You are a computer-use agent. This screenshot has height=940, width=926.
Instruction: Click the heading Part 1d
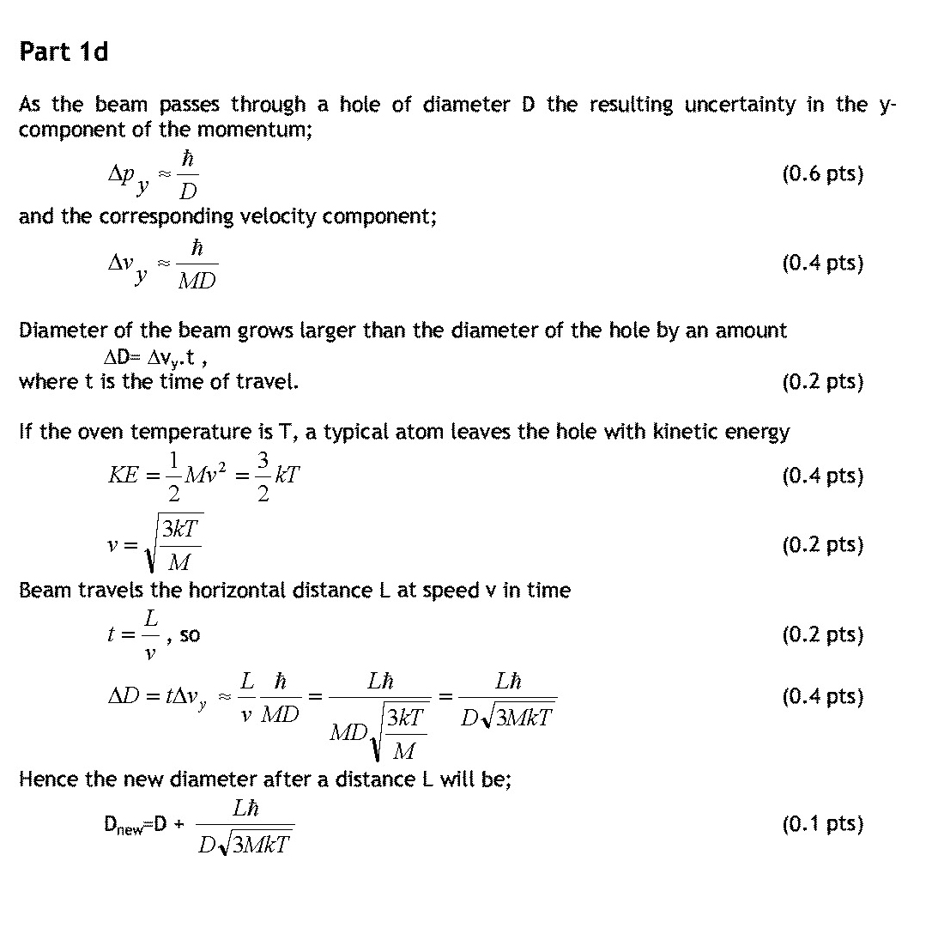[64, 52]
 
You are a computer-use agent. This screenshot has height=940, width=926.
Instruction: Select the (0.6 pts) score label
[822, 174]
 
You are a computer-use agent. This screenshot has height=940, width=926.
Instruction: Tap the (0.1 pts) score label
[822, 824]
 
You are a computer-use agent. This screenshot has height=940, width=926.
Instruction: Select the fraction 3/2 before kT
[263, 476]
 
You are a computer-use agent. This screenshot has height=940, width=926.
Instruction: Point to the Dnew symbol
[124, 825]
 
